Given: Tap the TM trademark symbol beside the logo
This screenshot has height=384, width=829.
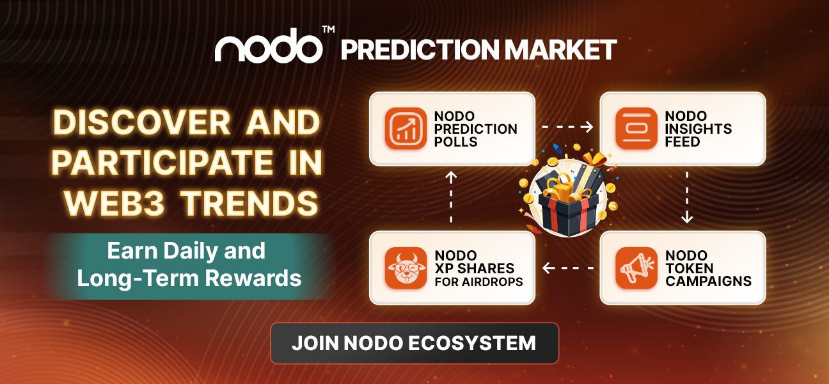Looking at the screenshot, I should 328,31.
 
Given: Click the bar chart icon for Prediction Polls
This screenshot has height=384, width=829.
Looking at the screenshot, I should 406,129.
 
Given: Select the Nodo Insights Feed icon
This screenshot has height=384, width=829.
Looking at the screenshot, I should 636,129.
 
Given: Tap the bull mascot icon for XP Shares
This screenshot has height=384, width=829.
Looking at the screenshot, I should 406,268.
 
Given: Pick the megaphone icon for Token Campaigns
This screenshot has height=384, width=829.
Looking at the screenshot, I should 636,268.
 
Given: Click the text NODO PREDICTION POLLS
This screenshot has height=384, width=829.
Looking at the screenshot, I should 475,129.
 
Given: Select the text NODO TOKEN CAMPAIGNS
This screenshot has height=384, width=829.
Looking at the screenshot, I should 708,268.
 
